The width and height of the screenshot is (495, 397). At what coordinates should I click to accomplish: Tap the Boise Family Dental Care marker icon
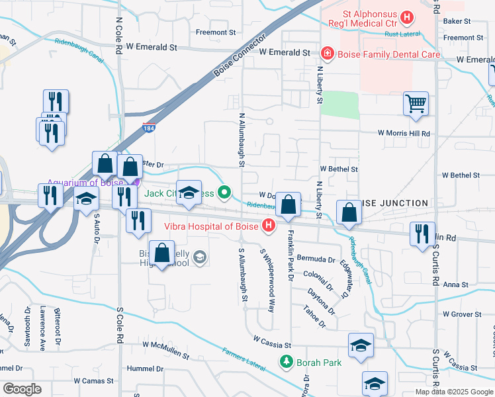326,52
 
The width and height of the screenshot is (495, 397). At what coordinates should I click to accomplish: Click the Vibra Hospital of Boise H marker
269,226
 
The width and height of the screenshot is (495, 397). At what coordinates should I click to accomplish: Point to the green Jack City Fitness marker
225,193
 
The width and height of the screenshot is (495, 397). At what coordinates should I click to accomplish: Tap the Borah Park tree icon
286,363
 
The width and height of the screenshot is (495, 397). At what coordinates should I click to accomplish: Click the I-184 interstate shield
149,130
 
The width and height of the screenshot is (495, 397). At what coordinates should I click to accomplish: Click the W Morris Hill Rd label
404,133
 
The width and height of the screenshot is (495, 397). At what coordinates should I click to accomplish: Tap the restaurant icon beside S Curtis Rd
422,234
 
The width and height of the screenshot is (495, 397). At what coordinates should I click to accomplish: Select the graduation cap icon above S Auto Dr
86,199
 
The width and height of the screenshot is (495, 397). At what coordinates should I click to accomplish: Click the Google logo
21,389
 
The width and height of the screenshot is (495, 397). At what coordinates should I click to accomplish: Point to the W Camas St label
95,381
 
